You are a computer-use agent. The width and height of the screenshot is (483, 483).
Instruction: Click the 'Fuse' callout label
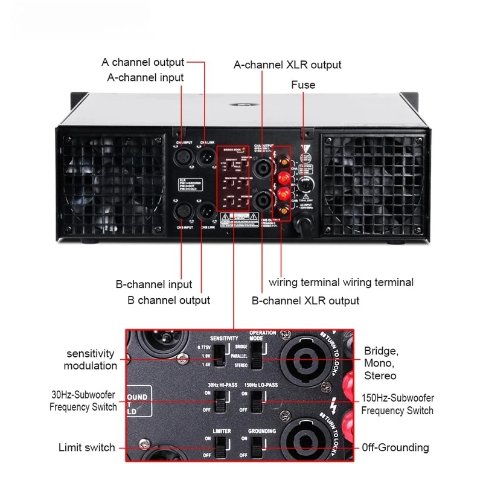point(303,85)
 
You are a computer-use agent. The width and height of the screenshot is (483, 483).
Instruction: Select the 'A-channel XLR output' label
point(287,65)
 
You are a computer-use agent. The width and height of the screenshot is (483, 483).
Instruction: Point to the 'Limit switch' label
point(86,447)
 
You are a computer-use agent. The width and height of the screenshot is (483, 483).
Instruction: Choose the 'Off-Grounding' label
point(395,447)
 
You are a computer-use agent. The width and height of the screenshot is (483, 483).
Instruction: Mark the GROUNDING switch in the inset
point(257,447)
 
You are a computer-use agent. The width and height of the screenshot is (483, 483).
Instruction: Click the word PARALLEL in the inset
point(240,356)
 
